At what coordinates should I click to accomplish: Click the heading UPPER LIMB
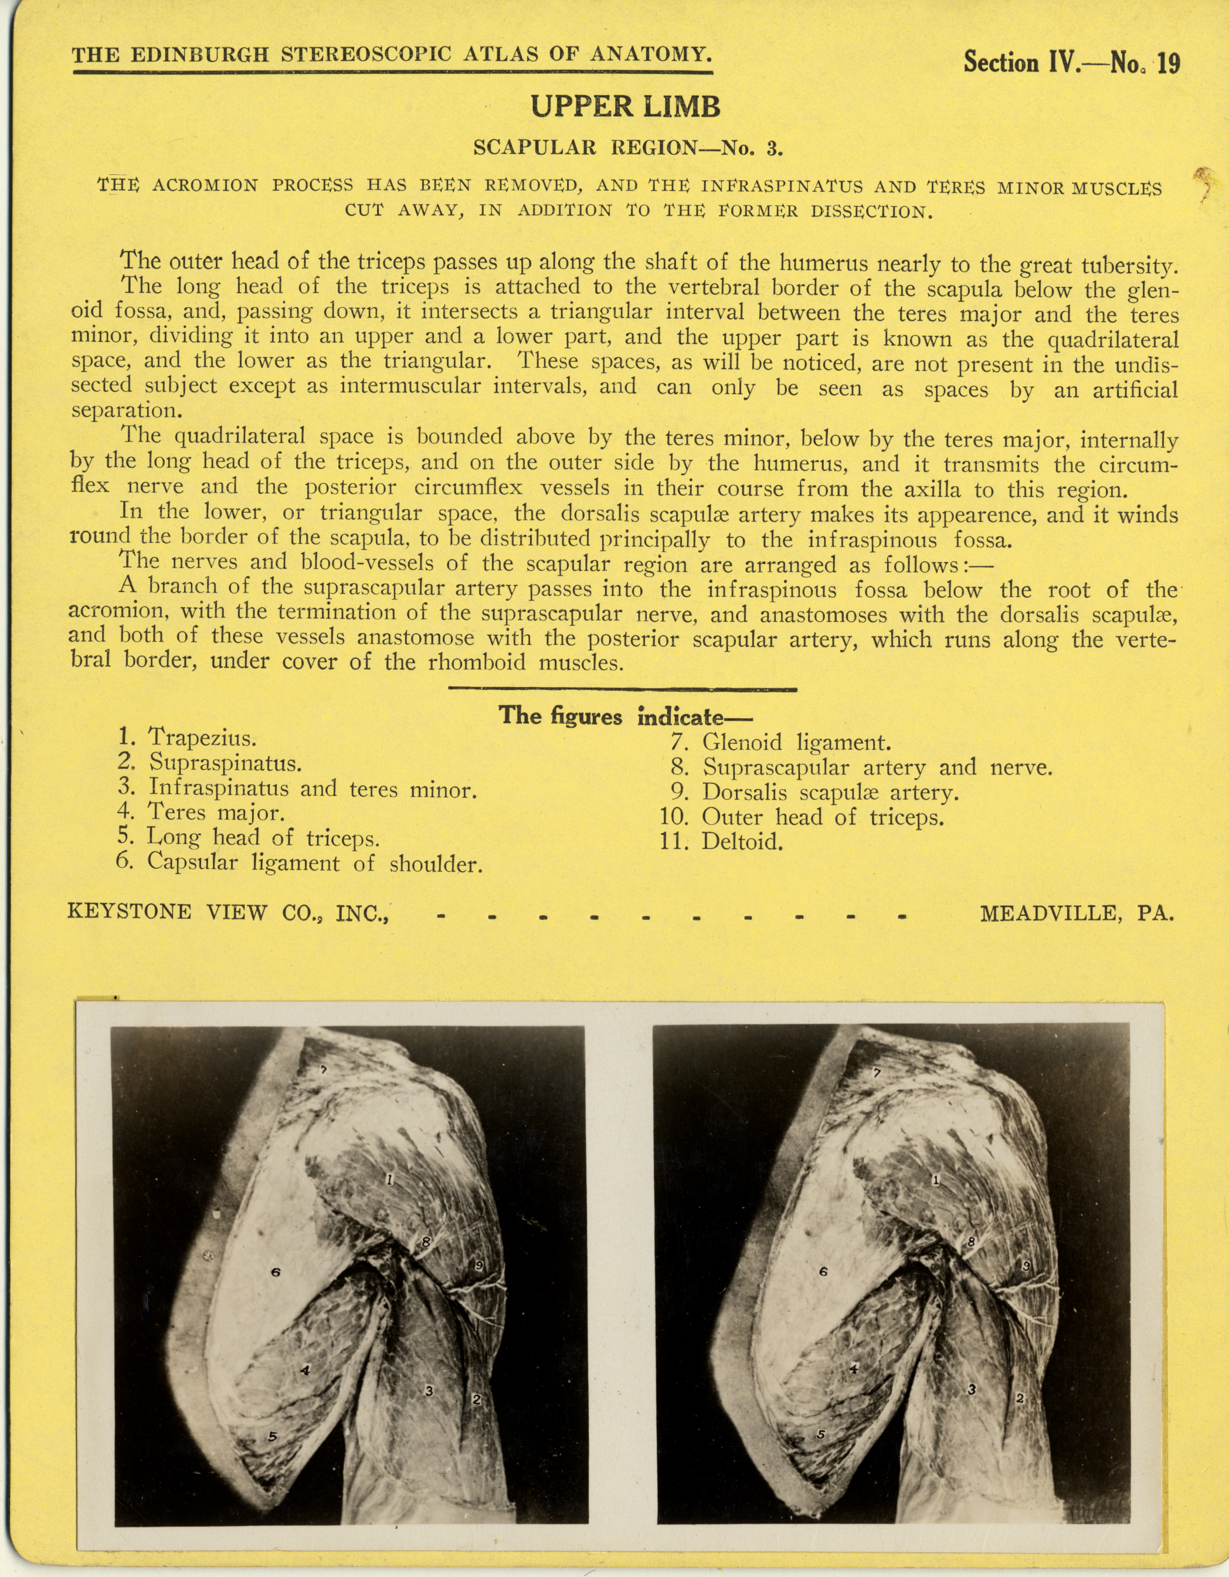tap(625, 107)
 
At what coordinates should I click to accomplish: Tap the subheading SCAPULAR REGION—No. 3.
tap(627, 148)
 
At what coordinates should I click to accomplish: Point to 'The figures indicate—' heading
tap(625, 716)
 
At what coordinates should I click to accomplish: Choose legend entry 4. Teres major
tap(201, 813)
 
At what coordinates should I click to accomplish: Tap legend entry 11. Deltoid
tap(722, 841)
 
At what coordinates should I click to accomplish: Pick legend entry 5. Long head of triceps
tap(248, 838)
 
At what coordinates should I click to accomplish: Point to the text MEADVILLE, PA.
tap(1076, 913)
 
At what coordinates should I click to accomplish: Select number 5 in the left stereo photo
tap(272, 1436)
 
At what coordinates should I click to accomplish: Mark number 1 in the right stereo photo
tap(936, 1180)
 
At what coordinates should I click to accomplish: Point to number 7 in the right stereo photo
tap(877, 1074)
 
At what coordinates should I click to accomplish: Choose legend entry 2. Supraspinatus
tap(209, 763)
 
